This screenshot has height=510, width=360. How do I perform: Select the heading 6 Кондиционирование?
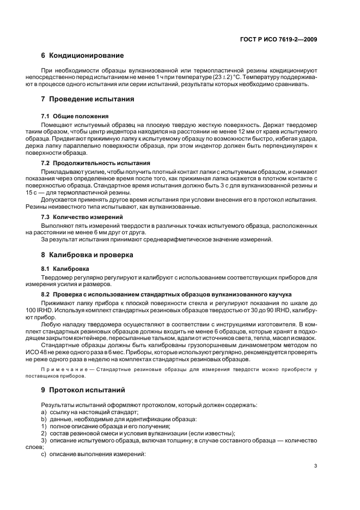82,56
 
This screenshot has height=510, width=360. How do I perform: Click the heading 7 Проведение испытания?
88,99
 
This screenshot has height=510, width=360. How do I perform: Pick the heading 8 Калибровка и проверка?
88,255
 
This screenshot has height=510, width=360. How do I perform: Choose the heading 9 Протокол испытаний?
83,390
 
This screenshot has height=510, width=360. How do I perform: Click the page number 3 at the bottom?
316,466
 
